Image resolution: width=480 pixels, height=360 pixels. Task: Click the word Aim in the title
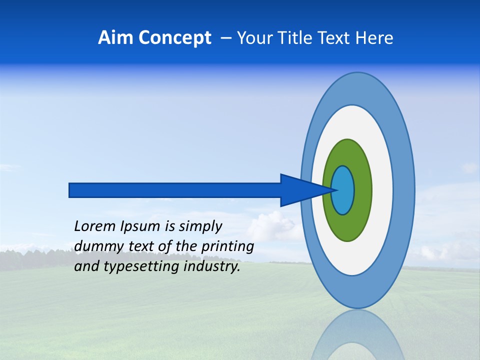pyautogui.click(x=115, y=38)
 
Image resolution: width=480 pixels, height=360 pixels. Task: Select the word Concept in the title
pyautogui.click(x=175, y=38)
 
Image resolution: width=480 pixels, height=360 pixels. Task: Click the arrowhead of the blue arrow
pyautogui.click(x=300, y=190)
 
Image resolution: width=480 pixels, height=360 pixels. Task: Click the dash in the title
pyautogui.click(x=225, y=38)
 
